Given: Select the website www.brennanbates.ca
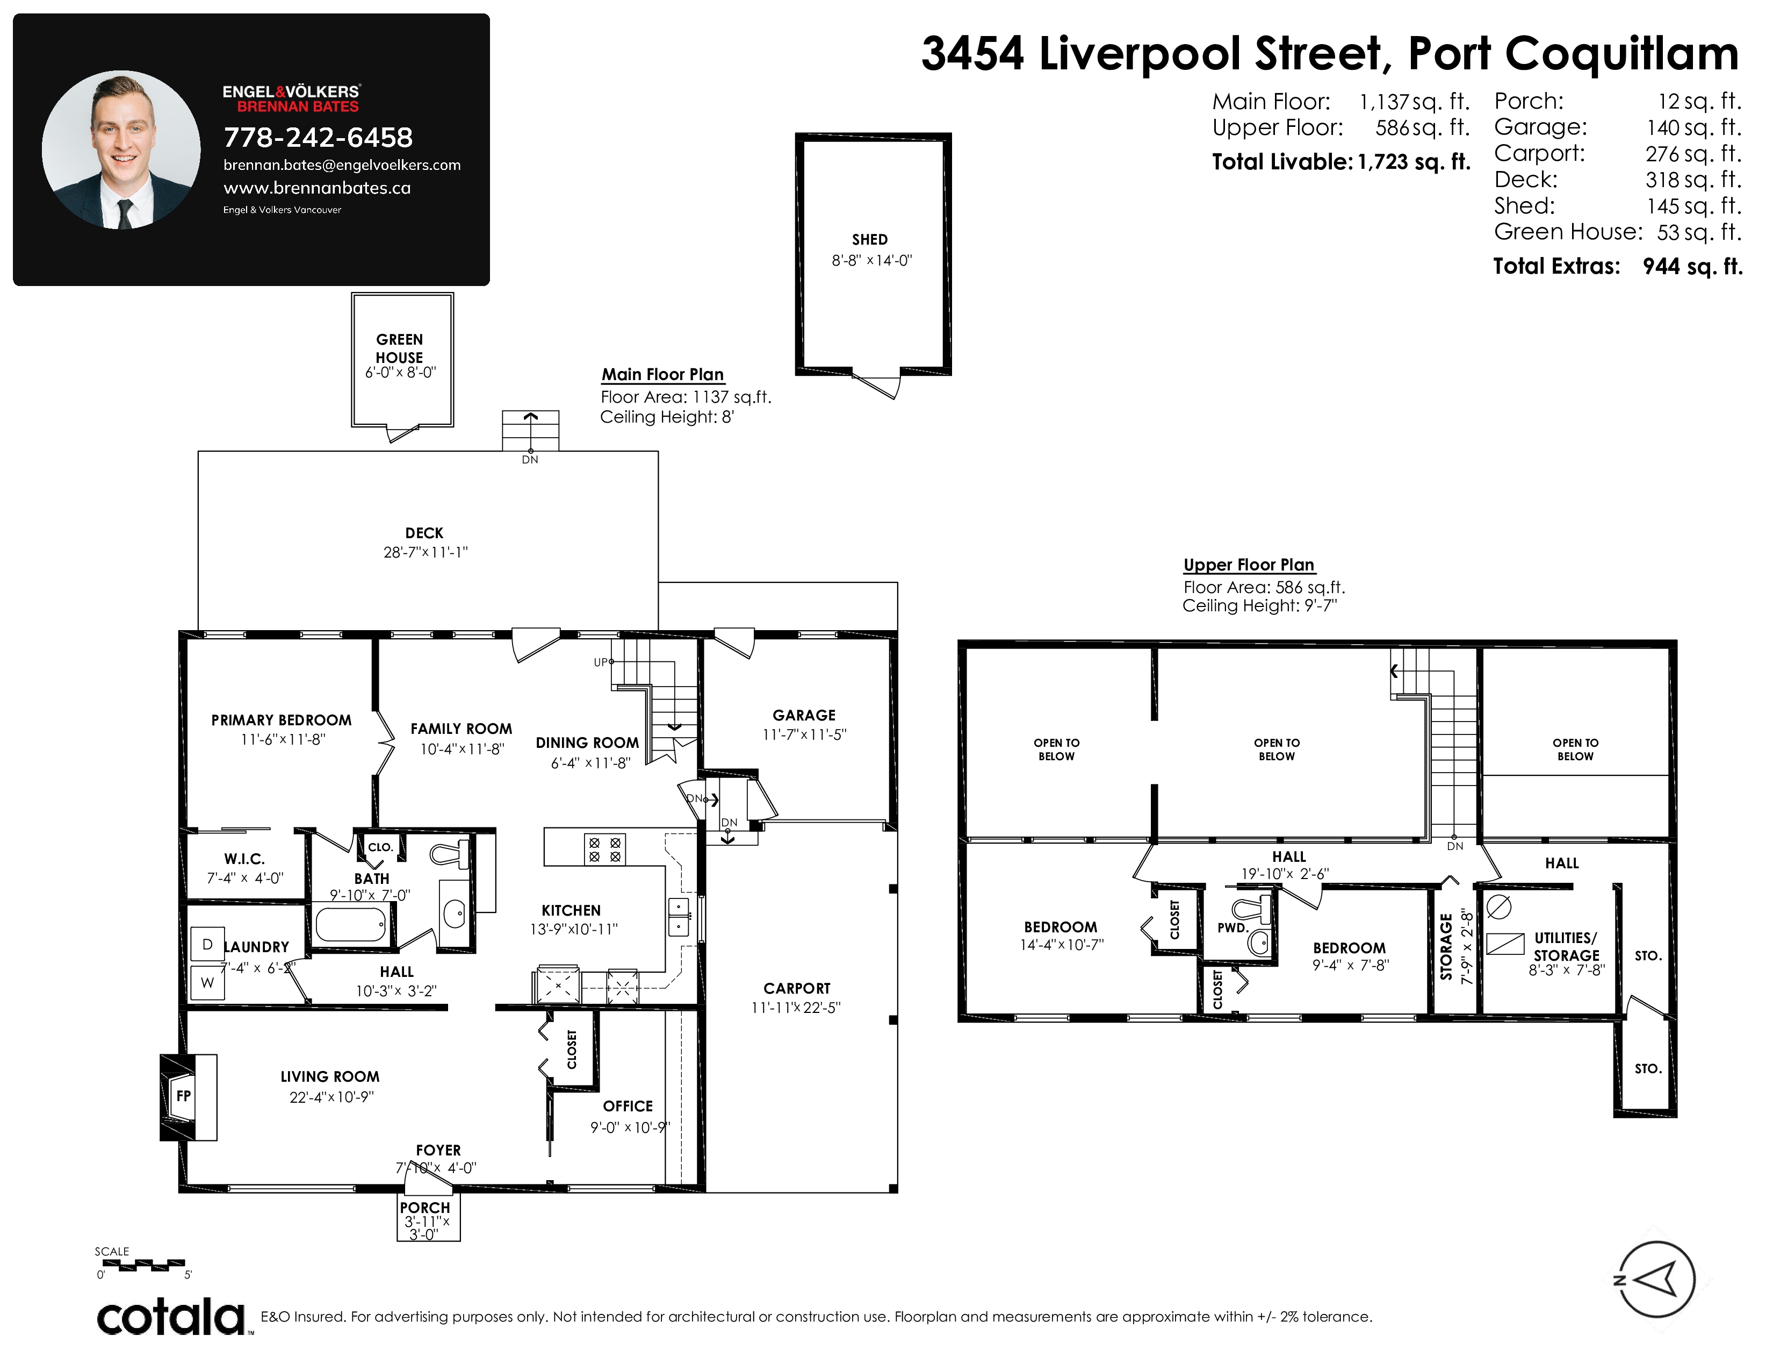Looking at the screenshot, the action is tap(318, 188).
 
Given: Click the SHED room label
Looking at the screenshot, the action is tap(869, 240).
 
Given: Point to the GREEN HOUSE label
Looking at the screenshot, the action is tap(399, 348).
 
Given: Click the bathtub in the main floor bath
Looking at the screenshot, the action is tap(351, 924).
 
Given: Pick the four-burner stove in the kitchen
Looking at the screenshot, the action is tap(605, 849).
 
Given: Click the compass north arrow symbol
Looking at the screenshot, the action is tap(1656, 1279).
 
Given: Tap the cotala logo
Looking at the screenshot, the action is tap(172, 1317).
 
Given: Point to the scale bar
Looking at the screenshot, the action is tap(143, 1264).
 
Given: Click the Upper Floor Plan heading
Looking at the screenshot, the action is tap(1249, 565).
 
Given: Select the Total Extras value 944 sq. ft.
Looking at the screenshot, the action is tap(1692, 266).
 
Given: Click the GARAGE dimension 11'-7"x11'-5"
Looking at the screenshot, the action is tap(804, 734).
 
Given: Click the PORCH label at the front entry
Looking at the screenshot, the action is tap(424, 1208).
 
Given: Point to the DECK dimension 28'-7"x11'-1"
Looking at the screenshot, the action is tap(426, 552).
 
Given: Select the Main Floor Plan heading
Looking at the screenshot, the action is tap(662, 374).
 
